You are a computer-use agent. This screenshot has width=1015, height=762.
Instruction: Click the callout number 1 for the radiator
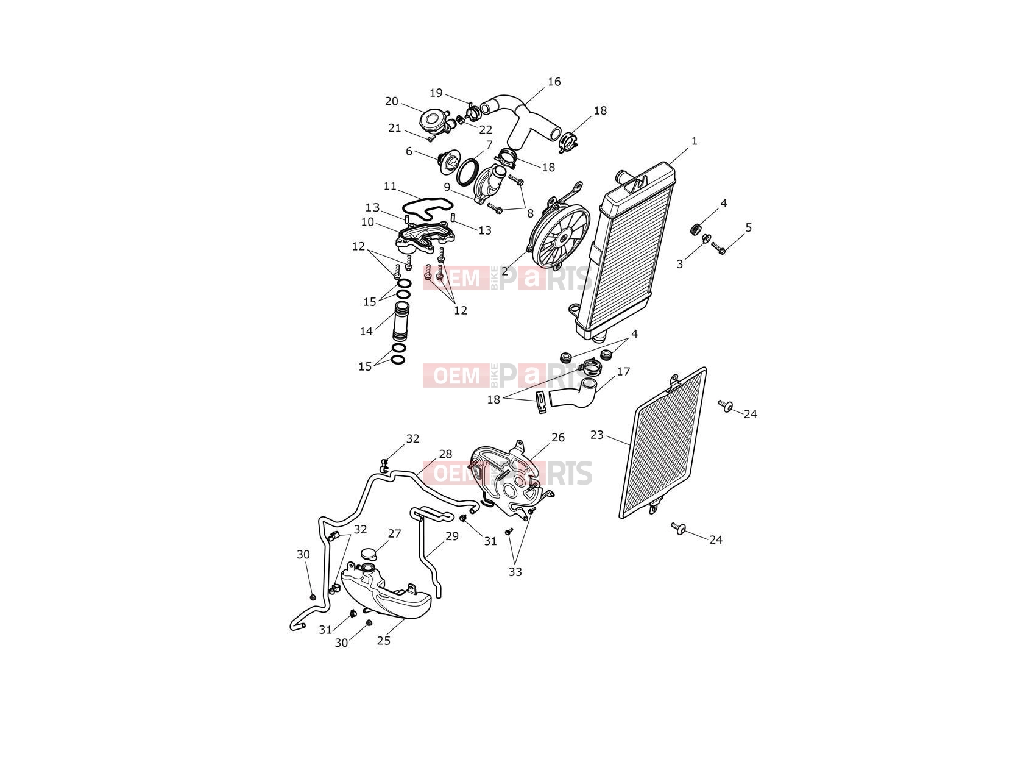[x=693, y=141]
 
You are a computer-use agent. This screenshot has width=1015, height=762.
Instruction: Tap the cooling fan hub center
[x=564, y=238]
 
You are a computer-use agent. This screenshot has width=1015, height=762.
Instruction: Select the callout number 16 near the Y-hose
[x=554, y=82]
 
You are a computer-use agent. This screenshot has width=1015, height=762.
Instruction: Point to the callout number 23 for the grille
[x=597, y=435]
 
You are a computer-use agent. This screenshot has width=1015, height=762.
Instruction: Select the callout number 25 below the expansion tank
[x=383, y=641]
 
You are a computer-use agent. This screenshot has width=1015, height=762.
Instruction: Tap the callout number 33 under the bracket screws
[x=515, y=572]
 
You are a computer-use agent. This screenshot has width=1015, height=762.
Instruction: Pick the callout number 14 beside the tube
[x=366, y=331]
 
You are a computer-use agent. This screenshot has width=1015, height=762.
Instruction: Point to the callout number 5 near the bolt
[x=749, y=227]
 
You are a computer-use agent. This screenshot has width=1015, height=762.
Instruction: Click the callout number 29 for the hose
[x=452, y=536]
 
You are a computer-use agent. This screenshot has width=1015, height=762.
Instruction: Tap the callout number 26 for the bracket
[x=558, y=438]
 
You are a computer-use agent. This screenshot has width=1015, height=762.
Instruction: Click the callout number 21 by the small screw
[x=394, y=128]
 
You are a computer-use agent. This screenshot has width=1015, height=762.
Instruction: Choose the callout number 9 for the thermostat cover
[x=447, y=187]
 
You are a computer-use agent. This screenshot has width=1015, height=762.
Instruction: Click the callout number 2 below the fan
[x=504, y=272]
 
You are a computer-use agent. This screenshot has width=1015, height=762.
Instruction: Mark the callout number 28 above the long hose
[x=445, y=454]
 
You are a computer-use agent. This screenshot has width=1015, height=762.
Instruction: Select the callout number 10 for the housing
[x=367, y=222]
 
